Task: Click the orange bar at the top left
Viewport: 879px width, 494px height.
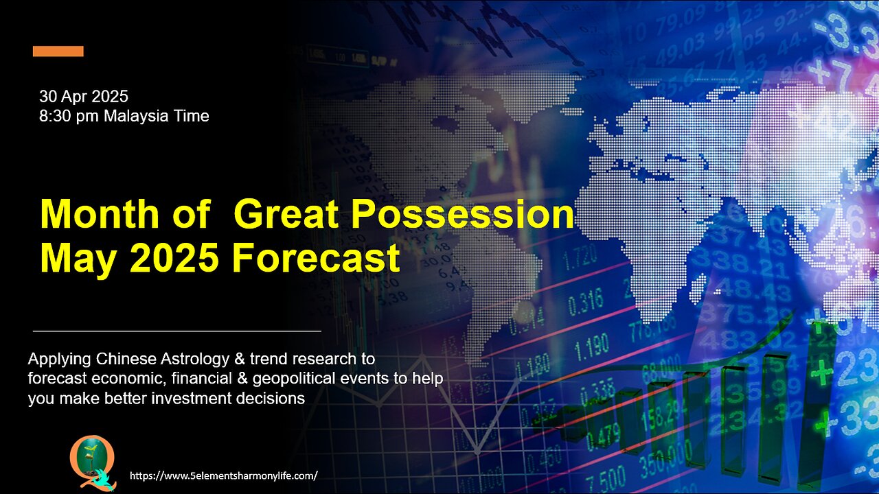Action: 58,51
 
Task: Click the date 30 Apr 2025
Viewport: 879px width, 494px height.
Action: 84,97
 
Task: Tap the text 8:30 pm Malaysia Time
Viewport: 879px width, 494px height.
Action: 124,116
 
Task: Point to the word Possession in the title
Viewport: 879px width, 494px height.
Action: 462,215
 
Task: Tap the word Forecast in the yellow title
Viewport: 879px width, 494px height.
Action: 315,258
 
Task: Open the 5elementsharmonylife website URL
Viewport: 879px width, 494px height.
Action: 224,475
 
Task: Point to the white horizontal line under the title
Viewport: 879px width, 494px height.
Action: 177,331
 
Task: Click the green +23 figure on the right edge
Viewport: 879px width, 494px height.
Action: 852,372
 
